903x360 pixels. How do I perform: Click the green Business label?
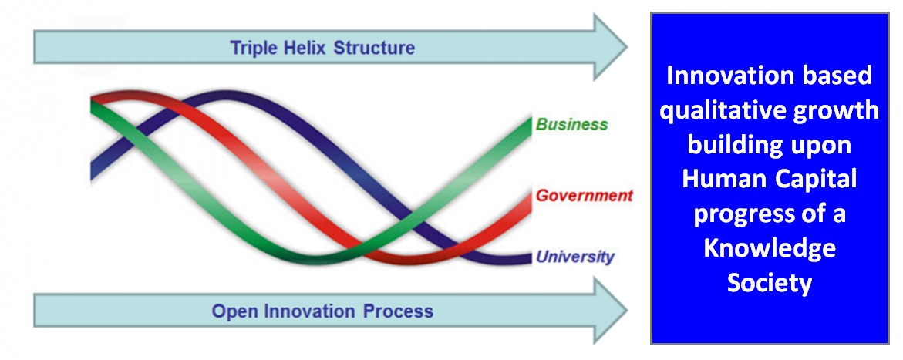pos(571,125)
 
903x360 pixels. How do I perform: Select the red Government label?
pos(584,196)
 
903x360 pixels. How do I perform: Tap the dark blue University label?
pos(575,257)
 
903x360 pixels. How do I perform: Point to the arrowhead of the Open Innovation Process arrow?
pos(609,311)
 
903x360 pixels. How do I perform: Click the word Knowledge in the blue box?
pos(770,248)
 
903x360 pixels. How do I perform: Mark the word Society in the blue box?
pos(770,283)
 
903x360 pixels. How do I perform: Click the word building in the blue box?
pos(733,145)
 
